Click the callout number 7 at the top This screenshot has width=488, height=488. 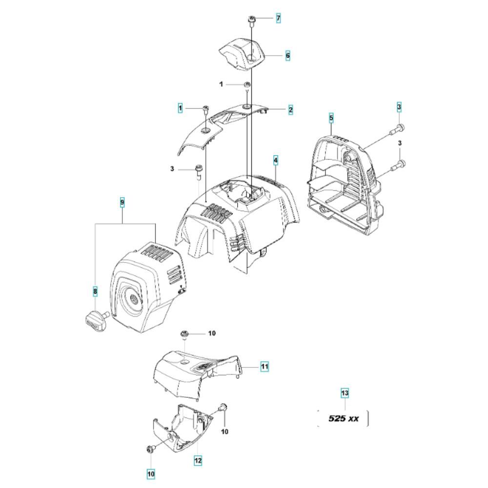pos(278,19)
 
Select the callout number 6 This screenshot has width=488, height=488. pos(287,56)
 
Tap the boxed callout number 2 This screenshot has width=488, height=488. pos(290,109)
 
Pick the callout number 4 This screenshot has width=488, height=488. pos(275,161)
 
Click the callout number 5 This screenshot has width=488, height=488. pos(331,118)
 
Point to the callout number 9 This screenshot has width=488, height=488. pos(122,203)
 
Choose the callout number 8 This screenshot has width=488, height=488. pos(95,292)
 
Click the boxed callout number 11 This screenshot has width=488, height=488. pos(264,366)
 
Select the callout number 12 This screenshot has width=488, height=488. pos(198,460)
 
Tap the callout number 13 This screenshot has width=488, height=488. pos(345,393)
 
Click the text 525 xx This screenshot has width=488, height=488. pos(344,418)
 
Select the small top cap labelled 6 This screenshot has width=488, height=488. pos(242,55)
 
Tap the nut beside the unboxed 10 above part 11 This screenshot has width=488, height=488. pos(184,334)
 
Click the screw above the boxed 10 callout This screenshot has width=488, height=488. pos(151,449)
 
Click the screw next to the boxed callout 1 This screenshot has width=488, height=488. pos(205,109)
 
